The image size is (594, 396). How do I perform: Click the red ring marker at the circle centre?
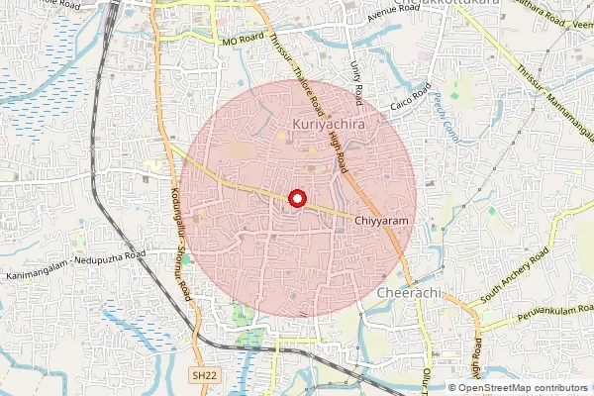click(x=295, y=198)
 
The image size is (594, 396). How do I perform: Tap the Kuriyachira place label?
click(x=330, y=125)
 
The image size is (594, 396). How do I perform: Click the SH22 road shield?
click(x=203, y=375)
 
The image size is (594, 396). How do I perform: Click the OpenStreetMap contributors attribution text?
click(x=525, y=387)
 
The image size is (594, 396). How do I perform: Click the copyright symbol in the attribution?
click(x=452, y=387)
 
